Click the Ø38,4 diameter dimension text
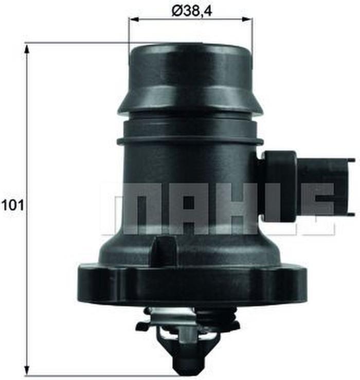tap(192, 11)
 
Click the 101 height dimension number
tap(13, 205)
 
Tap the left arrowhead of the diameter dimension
tap(134, 20)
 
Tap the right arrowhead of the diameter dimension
tap(247, 20)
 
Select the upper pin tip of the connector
tap(352, 160)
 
